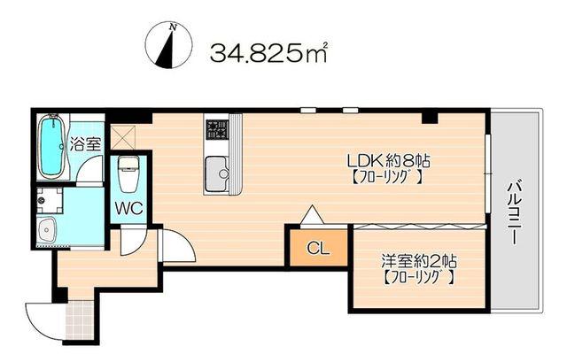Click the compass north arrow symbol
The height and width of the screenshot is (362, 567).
point(168,45)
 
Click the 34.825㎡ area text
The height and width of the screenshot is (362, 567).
point(268,53)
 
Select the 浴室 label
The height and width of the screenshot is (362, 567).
point(85,144)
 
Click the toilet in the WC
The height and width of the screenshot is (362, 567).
point(128,173)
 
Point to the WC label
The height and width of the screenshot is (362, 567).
point(129,209)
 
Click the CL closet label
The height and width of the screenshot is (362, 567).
point(318,248)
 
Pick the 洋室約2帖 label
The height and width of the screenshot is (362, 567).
point(419,261)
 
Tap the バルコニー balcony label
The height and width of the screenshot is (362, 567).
point(514,214)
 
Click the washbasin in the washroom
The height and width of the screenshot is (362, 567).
point(46,230)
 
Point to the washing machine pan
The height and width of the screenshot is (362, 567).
point(50,200)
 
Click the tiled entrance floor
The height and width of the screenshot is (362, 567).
point(81,319)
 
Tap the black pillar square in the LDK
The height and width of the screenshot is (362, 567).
point(430,118)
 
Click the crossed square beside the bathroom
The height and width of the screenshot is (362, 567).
point(122,136)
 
